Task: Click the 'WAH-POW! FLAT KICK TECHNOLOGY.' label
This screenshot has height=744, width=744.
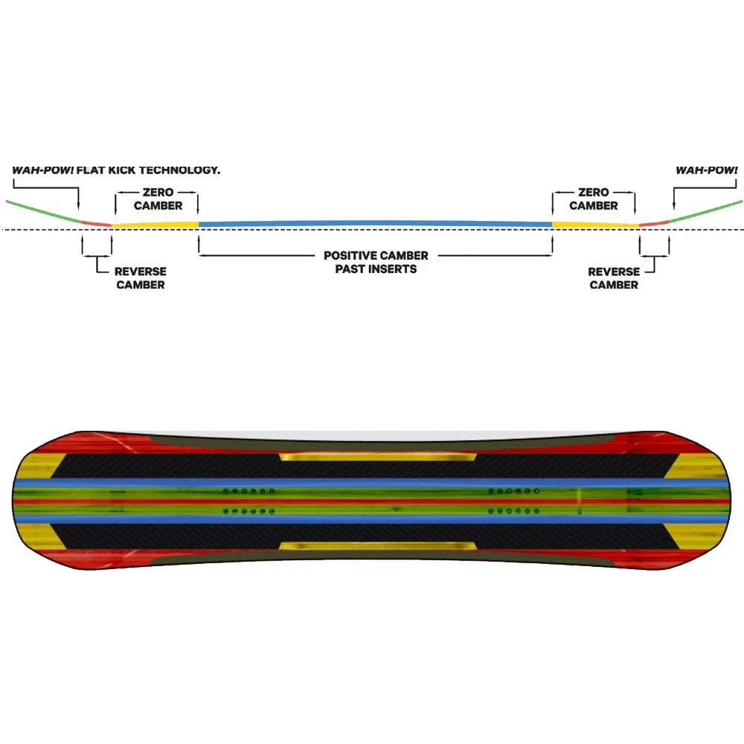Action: (116, 170)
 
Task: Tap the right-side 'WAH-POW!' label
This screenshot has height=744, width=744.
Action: (706, 170)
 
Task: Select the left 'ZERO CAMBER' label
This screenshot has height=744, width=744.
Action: (158, 199)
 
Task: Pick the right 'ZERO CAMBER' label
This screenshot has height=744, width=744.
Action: (593, 199)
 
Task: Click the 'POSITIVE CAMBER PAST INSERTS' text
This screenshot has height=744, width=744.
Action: (376, 262)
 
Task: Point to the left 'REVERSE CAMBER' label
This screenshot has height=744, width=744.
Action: (140, 278)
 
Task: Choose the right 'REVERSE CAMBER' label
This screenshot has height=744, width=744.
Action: (614, 278)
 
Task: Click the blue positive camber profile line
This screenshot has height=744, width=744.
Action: (376, 222)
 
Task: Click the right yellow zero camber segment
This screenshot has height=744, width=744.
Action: (595, 223)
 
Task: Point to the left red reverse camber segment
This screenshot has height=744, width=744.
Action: (95, 222)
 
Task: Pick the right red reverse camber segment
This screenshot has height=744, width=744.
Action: (654, 222)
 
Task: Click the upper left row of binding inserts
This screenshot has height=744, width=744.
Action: (249, 491)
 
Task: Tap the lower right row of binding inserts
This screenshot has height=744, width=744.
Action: (513, 511)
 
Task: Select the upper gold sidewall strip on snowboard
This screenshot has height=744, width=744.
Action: (378, 455)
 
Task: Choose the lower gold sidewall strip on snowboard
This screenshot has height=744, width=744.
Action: (378, 546)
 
